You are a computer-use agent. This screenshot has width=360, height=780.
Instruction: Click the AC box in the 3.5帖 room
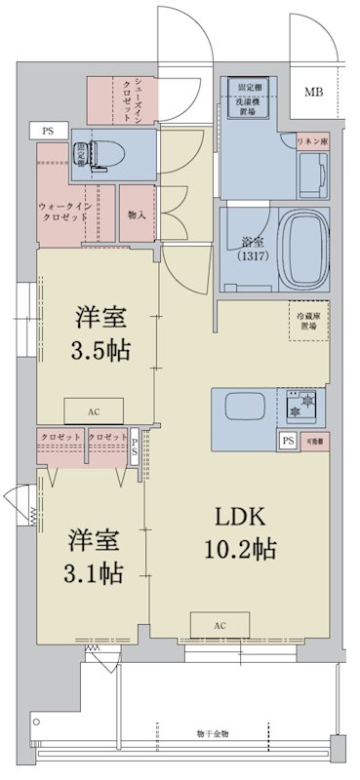[94, 411]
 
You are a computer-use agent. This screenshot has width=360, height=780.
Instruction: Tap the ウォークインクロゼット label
[65, 213]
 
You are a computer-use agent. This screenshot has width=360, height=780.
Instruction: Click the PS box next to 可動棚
[288, 441]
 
